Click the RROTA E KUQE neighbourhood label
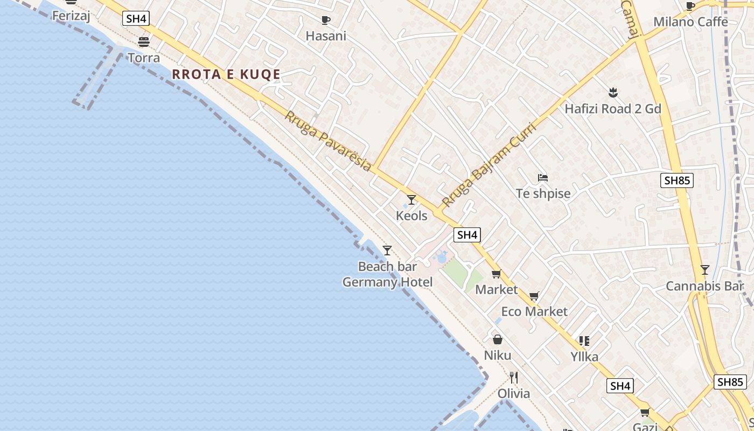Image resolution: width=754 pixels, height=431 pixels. click(x=226, y=74)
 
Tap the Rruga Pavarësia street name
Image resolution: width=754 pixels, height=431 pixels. click(x=328, y=141)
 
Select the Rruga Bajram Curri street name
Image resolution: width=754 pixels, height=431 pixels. click(x=488, y=165)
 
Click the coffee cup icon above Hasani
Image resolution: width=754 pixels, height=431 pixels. click(x=325, y=20)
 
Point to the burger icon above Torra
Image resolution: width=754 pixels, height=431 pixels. click(x=144, y=41)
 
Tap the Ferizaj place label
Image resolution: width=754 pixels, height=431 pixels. click(x=71, y=16)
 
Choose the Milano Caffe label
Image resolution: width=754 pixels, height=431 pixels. click(x=690, y=22)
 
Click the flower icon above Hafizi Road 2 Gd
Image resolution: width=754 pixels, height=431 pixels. click(x=612, y=92)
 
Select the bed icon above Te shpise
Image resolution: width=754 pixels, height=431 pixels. click(x=543, y=177)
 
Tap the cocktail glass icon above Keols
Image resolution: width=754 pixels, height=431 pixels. click(x=411, y=200)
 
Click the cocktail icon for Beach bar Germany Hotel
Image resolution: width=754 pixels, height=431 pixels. click(x=387, y=251)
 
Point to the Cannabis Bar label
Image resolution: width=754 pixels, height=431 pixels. click(x=704, y=286)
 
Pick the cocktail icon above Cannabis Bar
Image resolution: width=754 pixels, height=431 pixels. click(x=704, y=270)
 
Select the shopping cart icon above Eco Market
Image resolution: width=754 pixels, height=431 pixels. click(x=534, y=296)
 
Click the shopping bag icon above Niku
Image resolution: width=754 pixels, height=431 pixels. click(x=498, y=339)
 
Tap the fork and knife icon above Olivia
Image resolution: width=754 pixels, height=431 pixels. click(x=514, y=377)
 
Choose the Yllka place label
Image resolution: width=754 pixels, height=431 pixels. click(x=584, y=356)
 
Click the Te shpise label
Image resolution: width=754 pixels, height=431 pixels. click(x=543, y=193)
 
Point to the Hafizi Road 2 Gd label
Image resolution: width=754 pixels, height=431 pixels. click(x=612, y=109)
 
